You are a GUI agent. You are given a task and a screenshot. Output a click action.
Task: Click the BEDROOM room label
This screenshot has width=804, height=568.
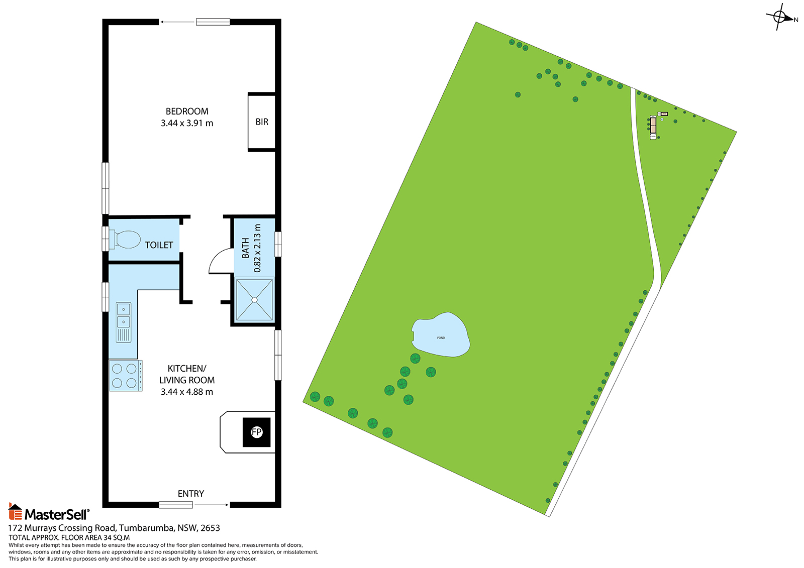tap(186, 111)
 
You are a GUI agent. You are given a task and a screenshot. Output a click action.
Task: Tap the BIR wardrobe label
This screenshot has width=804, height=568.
tap(262, 122)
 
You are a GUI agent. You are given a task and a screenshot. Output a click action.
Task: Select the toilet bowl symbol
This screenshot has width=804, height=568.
tap(125, 240)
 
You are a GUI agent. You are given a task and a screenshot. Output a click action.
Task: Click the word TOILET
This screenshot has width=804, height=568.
tap(159, 245)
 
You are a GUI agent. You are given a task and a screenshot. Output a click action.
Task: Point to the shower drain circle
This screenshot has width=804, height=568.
tap(254, 300)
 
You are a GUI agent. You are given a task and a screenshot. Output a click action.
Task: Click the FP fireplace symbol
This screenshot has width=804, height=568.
tap(256, 432)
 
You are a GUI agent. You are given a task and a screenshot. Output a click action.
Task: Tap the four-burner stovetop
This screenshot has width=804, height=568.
tap(126, 376)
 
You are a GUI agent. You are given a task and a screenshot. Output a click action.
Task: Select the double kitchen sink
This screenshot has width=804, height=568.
tap(124, 322)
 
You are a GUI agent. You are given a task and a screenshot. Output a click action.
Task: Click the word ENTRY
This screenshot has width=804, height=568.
tap(191, 494)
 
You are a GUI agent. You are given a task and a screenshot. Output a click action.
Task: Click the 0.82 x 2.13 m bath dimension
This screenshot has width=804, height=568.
tap(257, 248)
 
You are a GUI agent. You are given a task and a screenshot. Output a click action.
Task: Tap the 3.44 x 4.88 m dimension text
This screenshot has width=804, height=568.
tap(186, 392)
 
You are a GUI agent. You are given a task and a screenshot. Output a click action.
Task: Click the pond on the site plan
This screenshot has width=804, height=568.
tap(441, 335)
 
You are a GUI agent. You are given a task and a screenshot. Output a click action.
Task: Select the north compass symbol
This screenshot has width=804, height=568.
tap(779, 17)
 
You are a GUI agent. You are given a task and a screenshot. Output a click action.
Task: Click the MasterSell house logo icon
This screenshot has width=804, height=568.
tap(15, 511)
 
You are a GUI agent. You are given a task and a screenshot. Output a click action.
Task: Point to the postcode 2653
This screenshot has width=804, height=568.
tap(211, 528)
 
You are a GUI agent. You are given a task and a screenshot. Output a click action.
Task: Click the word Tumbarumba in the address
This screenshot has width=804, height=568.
tap(147, 528)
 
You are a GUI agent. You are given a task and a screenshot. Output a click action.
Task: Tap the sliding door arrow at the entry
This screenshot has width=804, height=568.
tap(212, 505)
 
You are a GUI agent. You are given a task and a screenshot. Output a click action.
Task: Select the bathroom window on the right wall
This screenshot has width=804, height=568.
tap(278, 244)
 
